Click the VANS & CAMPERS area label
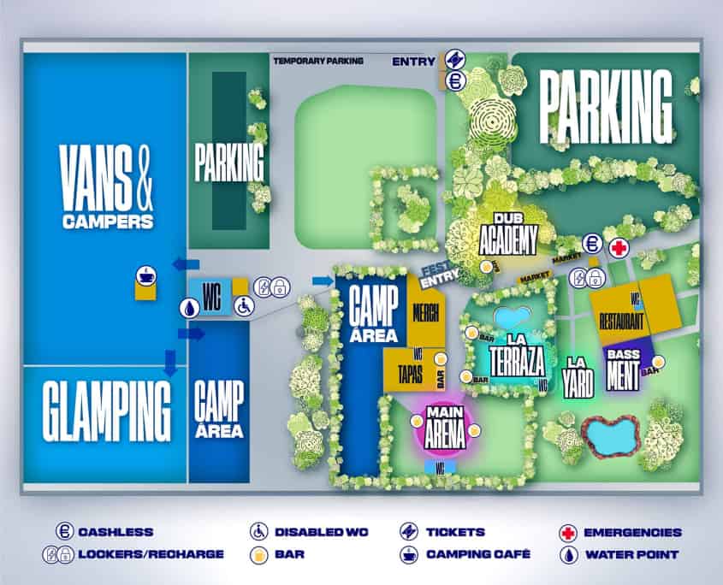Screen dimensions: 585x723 click(107, 185)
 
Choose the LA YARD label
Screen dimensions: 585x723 click(578, 375)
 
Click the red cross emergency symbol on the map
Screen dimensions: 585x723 click(617, 247)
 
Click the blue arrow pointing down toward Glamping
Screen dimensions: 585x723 click(169, 363)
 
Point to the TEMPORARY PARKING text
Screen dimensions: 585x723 click(318, 61)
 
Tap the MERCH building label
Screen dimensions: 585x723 click(425, 312)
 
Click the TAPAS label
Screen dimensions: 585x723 click(411, 369)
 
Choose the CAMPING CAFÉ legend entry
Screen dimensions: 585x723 click(467, 554)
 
